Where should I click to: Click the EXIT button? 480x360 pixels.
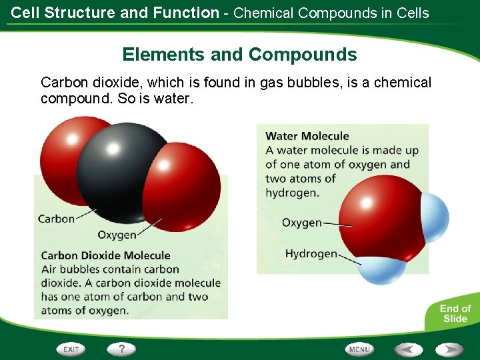pos(71,349)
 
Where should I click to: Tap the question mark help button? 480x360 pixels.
pos(121,349)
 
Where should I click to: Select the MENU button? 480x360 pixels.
pos(359,349)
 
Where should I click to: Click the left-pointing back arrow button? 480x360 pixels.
pos(408,349)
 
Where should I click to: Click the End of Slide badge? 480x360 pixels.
pos(455,313)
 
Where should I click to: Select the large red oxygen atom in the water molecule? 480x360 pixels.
pos(380,220)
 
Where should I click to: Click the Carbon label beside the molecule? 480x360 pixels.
pos(56,219)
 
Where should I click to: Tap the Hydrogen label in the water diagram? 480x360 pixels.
pos(311,253)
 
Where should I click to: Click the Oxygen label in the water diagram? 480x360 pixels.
pos(301,223)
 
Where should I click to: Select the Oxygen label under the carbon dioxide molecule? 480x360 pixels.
pos(117,235)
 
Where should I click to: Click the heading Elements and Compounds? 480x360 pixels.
pos(239,55)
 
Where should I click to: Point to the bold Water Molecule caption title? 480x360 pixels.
pos(307,136)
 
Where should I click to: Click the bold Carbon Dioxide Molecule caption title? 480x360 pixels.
pos(105,255)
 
